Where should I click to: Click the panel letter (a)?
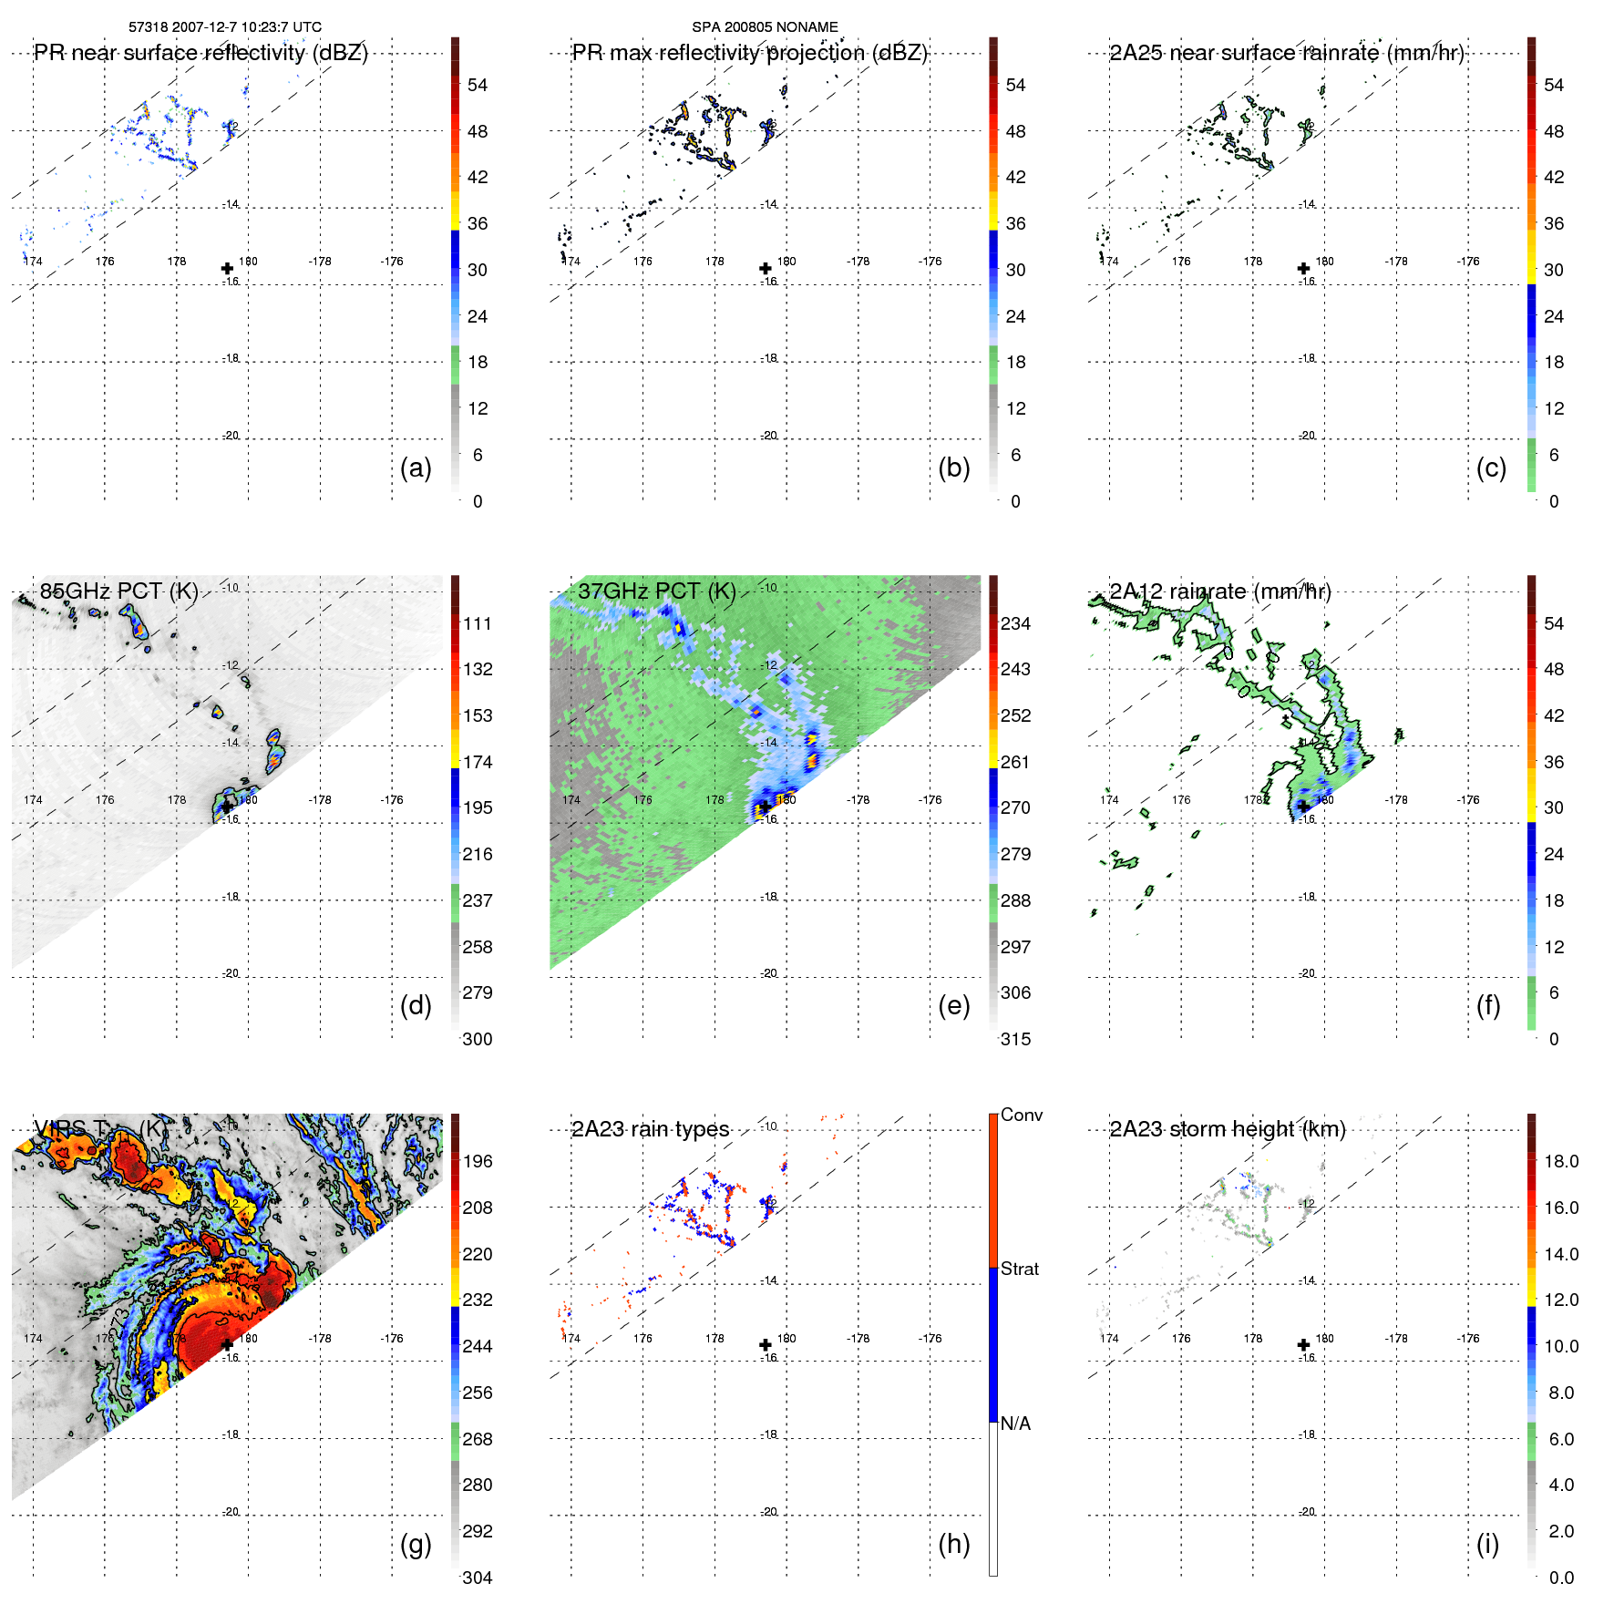416,468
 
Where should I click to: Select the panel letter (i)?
1487,1544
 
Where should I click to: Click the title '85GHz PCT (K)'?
118,591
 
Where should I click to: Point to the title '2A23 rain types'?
650,1129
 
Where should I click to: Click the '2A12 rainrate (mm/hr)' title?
1219,591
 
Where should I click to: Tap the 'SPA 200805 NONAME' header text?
765,27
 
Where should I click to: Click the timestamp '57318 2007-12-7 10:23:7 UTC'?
225,27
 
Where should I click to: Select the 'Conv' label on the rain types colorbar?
1022,1115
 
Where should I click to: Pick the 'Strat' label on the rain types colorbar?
1020,1269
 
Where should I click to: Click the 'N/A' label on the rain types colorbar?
1015,1424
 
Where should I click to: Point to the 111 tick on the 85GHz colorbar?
478,623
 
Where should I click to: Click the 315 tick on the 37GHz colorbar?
1015,1039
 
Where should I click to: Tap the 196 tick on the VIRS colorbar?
478,1161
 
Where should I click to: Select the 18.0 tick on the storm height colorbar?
1561,1161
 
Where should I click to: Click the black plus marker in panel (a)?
227,269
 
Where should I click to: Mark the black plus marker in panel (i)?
1303,1345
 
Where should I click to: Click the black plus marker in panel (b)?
766,269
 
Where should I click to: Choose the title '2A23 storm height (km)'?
1227,1129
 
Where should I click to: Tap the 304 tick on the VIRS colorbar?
478,1578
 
